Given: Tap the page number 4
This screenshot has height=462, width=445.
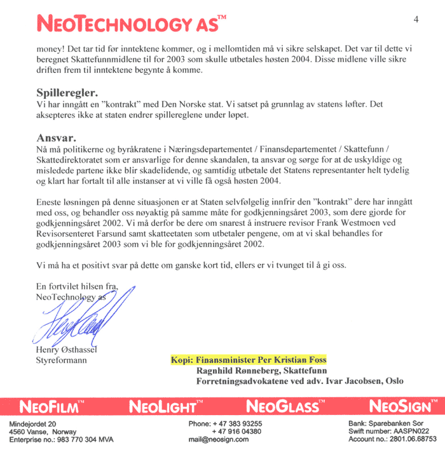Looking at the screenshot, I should tap(416, 19).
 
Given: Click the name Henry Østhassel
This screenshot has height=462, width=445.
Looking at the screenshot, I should tap(69, 350).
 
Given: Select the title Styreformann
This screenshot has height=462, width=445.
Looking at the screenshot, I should tap(62, 360).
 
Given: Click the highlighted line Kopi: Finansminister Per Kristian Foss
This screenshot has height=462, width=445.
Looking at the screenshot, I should tap(248, 360).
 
